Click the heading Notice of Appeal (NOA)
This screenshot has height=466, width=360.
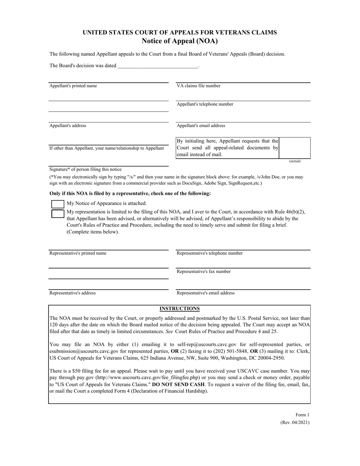point(180,41)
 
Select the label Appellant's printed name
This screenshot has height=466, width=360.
point(73,86)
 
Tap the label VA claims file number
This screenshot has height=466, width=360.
point(199,86)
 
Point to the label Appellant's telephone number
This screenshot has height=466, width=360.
point(205,104)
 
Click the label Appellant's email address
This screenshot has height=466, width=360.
point(201,126)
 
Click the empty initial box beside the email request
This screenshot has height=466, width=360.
point(294,148)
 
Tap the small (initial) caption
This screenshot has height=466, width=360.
point(294,161)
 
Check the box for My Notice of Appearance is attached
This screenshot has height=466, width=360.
point(58,204)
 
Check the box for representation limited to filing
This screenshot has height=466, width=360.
point(58,213)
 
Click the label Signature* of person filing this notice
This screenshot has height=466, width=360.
point(86,169)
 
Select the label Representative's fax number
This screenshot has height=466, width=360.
point(203,272)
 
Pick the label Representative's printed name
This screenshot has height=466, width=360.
point(78,253)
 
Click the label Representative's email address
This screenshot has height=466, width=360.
point(206,293)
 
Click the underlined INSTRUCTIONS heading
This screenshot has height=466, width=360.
point(180,309)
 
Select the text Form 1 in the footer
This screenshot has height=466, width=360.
point(302,415)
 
